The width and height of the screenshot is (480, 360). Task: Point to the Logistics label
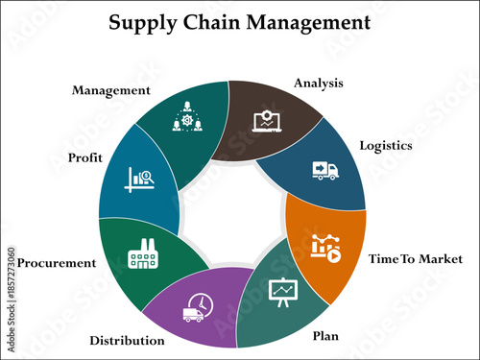385,146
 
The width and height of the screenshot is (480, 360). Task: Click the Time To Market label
416,259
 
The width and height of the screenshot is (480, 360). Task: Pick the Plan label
325,336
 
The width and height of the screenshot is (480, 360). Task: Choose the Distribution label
127,340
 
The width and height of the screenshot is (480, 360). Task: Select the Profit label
85,156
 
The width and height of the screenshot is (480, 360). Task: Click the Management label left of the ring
111,90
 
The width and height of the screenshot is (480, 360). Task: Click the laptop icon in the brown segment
262,121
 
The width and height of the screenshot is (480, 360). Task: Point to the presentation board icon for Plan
282,292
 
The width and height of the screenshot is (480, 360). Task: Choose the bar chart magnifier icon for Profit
141,180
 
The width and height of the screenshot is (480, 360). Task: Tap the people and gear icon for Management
186,118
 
